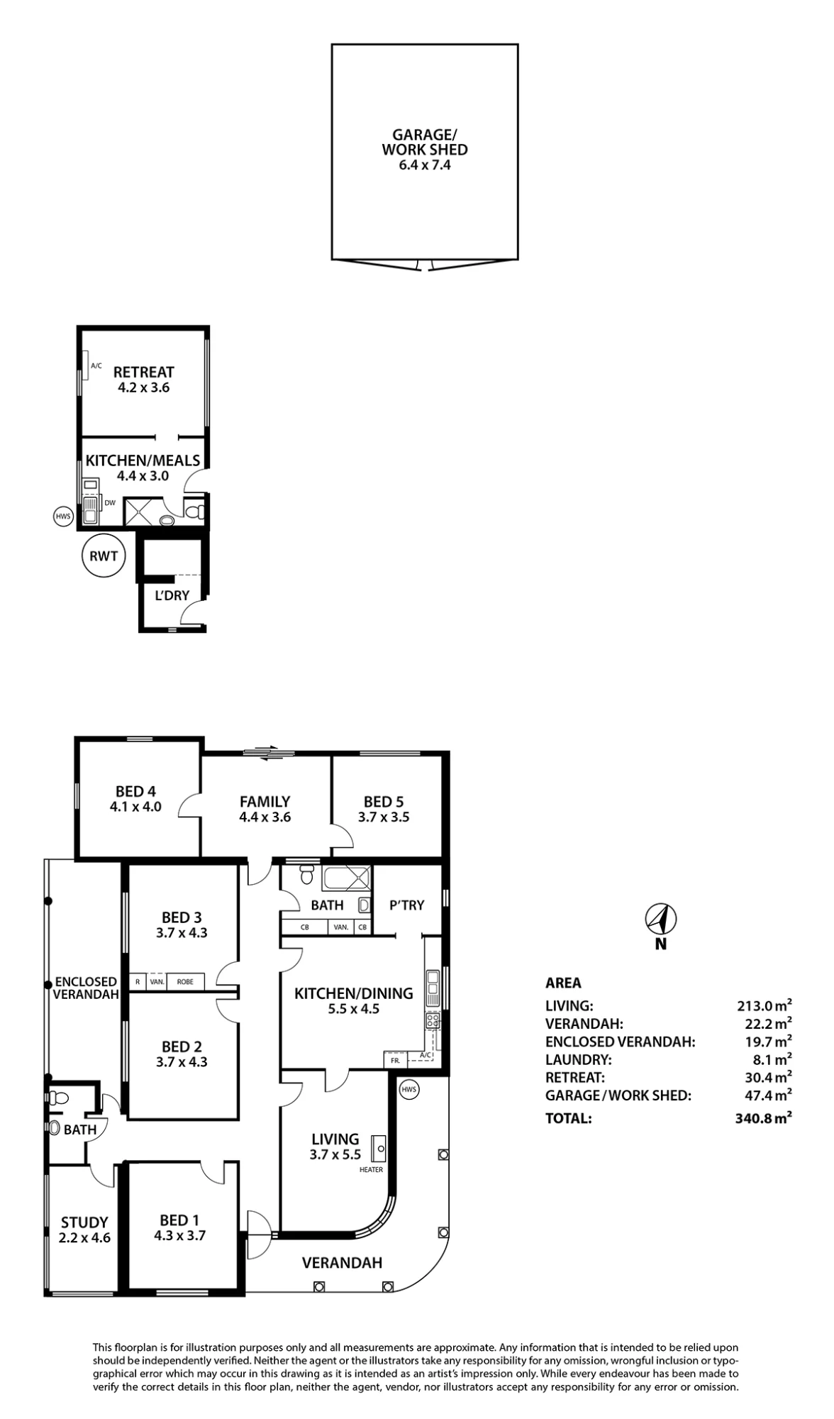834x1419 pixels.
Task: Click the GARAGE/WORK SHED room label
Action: point(425,142)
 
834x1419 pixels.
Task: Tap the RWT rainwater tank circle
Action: point(104,556)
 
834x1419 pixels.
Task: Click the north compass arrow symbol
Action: point(661,920)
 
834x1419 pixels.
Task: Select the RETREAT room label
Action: point(143,372)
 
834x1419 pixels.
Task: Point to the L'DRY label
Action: point(172,595)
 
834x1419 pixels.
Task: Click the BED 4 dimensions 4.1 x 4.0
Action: point(135,807)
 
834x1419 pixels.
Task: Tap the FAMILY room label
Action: point(265,802)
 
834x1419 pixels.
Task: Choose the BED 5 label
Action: point(384,802)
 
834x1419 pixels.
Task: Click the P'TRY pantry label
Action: point(407,905)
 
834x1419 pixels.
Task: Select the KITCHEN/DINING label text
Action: point(354,993)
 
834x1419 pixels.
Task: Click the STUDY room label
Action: point(84,1222)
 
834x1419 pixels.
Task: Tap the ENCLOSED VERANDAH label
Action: point(86,988)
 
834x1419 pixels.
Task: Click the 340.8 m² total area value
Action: point(764,1118)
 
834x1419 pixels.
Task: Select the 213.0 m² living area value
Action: point(764,1005)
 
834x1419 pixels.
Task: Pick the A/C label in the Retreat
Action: point(96,366)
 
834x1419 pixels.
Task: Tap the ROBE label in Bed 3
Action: point(185,982)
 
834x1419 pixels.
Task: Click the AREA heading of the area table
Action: point(563,983)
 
